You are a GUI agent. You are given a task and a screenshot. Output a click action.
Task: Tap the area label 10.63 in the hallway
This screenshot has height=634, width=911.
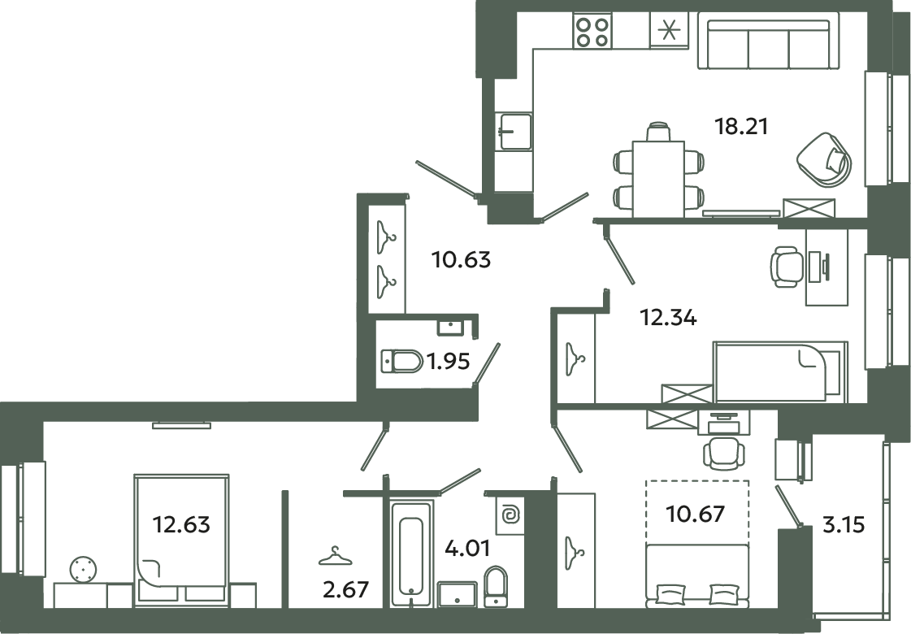(461, 261)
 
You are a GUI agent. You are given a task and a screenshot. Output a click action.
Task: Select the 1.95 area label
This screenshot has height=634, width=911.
(449, 362)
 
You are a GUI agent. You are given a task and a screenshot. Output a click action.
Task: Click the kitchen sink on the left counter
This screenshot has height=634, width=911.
(514, 131)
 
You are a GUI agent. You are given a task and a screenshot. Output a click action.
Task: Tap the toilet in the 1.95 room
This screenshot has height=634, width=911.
(401, 361)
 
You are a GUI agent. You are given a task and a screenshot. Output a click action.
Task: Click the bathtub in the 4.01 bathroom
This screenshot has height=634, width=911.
(410, 553)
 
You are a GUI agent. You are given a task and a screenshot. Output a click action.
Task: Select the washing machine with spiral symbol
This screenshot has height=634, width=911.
(512, 515)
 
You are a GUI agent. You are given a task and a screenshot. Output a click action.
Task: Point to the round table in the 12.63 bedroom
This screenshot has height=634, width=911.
(83, 570)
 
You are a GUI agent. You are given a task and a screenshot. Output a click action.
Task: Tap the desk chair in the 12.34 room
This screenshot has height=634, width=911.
(786, 267)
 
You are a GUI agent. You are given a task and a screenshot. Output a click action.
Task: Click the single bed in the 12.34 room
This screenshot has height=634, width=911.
(778, 372)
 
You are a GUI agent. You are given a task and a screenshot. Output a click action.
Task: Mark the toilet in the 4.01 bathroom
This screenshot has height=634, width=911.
(495, 588)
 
